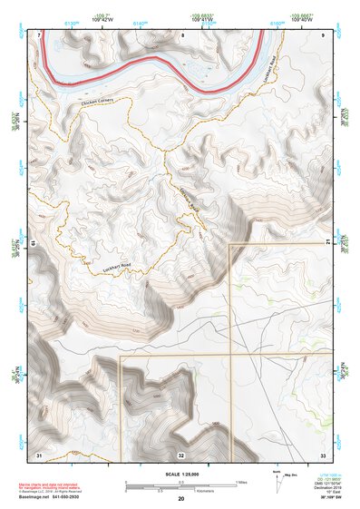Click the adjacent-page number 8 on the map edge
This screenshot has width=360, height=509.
[181, 35]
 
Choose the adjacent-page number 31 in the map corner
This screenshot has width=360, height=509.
[39, 453]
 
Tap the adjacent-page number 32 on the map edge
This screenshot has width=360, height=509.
[181, 453]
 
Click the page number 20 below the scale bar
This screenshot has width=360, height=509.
[181, 499]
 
